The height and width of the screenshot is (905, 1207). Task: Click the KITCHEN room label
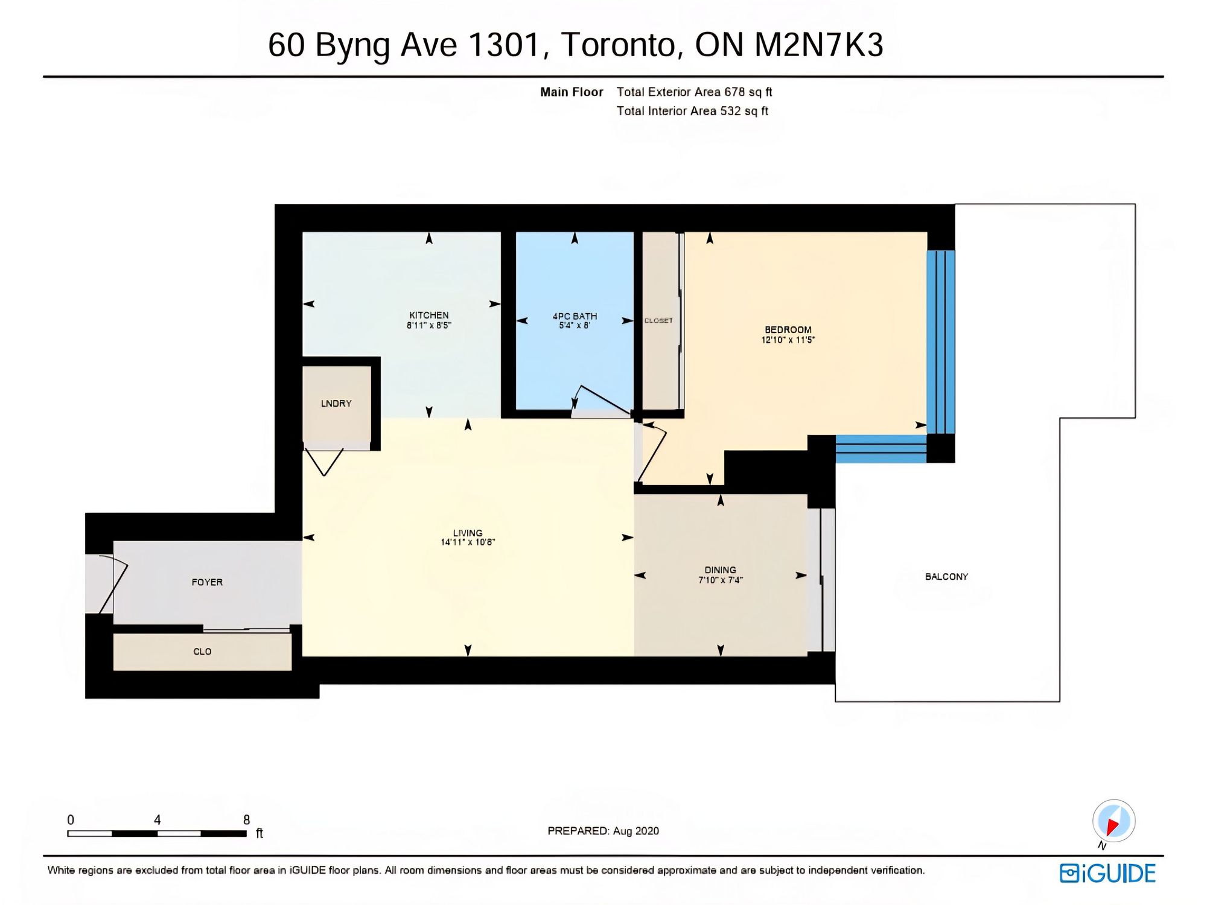(429, 315)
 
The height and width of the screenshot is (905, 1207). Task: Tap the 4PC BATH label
(575, 316)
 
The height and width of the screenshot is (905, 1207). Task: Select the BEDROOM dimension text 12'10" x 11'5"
(788, 340)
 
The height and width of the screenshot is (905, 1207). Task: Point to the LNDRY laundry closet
(336, 404)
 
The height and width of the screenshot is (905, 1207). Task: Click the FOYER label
(207, 582)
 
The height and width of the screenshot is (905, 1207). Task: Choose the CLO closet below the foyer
(202, 652)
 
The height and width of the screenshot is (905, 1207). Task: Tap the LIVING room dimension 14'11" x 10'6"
(468, 542)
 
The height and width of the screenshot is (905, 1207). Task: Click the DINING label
(721, 570)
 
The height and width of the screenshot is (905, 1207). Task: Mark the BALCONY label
(946, 577)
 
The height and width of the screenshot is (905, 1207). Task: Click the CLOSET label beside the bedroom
(658, 320)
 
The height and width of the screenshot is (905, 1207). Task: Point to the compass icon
(1113, 821)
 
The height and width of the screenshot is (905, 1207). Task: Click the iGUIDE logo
(1107, 874)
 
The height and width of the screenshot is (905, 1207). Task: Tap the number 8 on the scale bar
(246, 820)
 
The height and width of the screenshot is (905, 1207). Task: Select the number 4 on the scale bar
(157, 820)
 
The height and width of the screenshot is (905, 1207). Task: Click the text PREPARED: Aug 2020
(603, 831)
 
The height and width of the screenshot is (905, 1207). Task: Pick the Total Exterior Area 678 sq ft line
(694, 92)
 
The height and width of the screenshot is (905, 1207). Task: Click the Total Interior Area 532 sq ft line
(692, 111)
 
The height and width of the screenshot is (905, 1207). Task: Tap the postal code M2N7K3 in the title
(819, 45)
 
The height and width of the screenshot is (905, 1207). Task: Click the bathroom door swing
(601, 400)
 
